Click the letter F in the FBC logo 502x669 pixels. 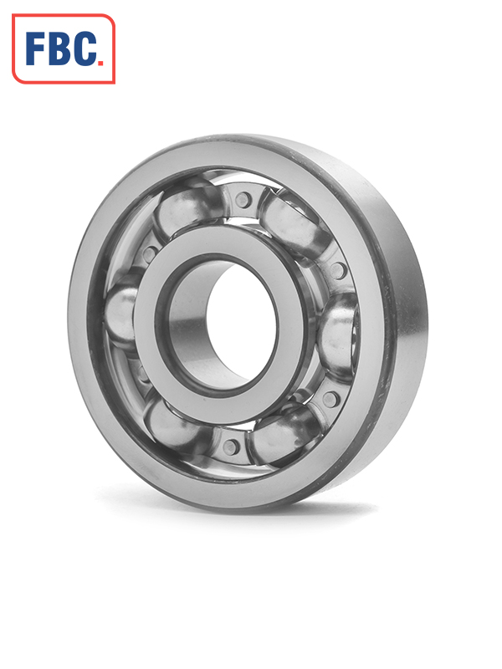pyautogui.click(x=35, y=49)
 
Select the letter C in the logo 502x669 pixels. pyautogui.click(x=84, y=49)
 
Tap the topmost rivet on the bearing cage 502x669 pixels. pyautogui.click(x=242, y=199)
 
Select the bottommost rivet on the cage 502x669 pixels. pyautogui.click(x=231, y=447)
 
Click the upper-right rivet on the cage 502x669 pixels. pyautogui.click(x=337, y=270)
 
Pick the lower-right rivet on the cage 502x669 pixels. pyautogui.click(x=330, y=399)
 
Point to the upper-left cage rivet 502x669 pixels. pyautogui.click(x=149, y=255)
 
